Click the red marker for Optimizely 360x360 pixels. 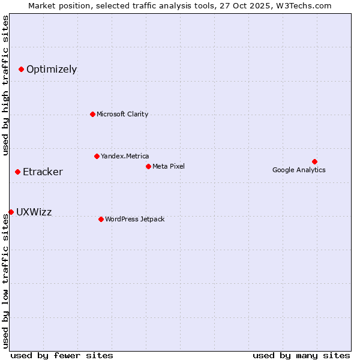[x=21, y=69]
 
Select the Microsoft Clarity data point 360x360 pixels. [x=92, y=114]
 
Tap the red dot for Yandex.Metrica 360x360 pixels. [x=97, y=156]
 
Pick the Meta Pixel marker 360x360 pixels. [x=148, y=166]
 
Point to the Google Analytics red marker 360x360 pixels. [x=314, y=161]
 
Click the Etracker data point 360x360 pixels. [x=17, y=172]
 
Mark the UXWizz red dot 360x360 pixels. [x=11, y=212]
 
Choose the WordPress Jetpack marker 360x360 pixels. [x=101, y=219]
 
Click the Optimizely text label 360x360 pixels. [x=52, y=69]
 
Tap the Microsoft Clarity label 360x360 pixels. [x=122, y=114]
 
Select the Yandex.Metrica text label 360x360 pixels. [x=125, y=156]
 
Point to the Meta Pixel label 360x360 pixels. [x=169, y=166]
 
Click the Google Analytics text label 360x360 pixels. [x=299, y=170]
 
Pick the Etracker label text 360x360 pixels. [x=43, y=172]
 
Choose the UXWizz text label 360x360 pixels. [x=34, y=212]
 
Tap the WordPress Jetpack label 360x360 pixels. [x=134, y=219]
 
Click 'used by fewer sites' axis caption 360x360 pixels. [x=62, y=355]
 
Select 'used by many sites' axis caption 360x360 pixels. [x=301, y=355]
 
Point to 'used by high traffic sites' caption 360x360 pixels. [x=6, y=85]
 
